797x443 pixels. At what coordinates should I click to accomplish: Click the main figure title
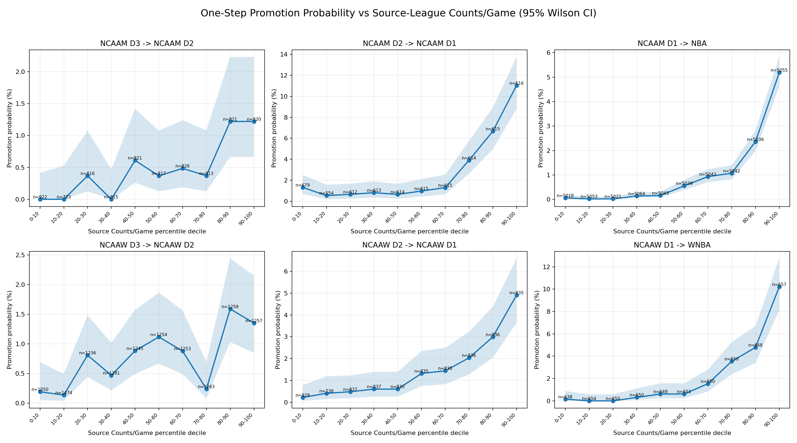(398, 13)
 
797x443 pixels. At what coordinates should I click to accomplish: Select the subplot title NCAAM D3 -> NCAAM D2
(147, 44)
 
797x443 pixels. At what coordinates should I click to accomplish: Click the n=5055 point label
(779, 70)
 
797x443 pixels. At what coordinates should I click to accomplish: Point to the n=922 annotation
(40, 197)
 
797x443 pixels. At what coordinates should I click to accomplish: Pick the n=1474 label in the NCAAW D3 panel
(64, 393)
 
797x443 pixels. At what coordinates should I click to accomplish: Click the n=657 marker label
(779, 285)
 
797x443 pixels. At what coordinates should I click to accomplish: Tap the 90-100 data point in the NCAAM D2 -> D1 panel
(517, 86)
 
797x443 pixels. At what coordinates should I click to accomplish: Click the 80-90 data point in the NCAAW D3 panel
(230, 309)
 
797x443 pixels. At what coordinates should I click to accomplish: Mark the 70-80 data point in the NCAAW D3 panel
(206, 389)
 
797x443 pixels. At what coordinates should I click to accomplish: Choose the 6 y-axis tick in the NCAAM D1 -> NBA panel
(548, 53)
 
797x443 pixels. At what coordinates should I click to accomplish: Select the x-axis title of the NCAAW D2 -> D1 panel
(409, 433)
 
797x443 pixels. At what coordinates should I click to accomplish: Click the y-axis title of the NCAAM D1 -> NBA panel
(540, 128)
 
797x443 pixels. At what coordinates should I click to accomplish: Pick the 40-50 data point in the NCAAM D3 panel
(135, 160)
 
